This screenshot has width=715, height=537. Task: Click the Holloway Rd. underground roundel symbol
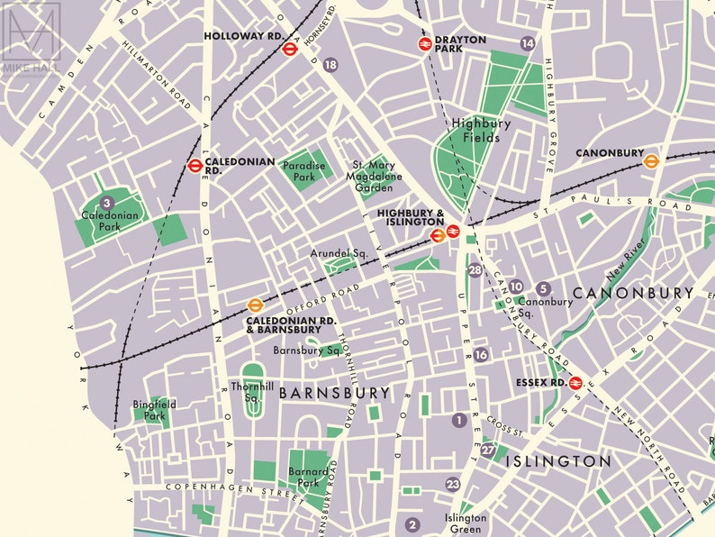click(x=290, y=50)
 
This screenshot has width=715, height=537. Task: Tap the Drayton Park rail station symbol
click(x=424, y=43)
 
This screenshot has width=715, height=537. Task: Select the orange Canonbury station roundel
click(x=651, y=160)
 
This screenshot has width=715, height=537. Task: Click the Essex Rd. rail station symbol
click(x=575, y=382)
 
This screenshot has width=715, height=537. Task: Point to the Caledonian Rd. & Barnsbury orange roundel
click(x=255, y=305)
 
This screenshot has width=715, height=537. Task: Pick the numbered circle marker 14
click(x=528, y=43)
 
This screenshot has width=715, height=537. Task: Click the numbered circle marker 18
click(x=330, y=65)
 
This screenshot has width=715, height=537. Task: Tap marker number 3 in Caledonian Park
click(x=107, y=203)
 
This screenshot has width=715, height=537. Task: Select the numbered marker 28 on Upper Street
click(x=475, y=270)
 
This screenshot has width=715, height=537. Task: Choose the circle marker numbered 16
click(x=481, y=355)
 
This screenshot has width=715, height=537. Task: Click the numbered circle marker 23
click(x=453, y=485)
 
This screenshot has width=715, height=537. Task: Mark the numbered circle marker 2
click(x=412, y=524)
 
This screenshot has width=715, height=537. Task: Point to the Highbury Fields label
click(x=475, y=131)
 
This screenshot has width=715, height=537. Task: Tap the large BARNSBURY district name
click(x=334, y=393)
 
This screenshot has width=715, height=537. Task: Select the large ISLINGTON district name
click(x=557, y=460)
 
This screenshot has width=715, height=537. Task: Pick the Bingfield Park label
click(x=154, y=411)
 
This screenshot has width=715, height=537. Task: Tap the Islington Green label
click(x=466, y=523)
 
